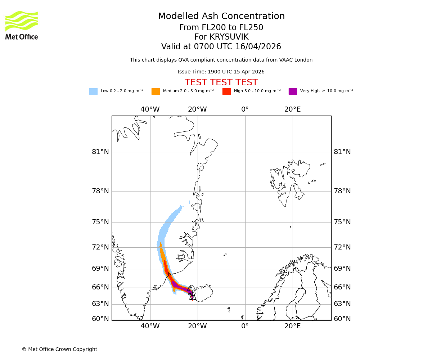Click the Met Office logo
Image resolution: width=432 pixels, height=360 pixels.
[x=22, y=25]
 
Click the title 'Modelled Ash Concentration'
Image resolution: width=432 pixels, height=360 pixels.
[x=221, y=16]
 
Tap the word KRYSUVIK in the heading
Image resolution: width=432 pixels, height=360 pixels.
[x=229, y=37]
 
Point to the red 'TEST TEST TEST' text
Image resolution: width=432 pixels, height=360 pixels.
[x=221, y=82]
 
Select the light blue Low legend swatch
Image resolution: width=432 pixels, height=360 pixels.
[x=93, y=91]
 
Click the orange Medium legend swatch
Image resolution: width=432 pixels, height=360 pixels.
[x=156, y=91]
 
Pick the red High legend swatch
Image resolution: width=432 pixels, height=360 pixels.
[x=226, y=91]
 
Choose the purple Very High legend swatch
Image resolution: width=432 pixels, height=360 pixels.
[x=293, y=91]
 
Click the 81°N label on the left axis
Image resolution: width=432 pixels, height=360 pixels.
[x=100, y=152]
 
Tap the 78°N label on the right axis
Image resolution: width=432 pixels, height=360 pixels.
[x=342, y=191]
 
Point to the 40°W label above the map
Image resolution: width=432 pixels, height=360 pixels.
[x=150, y=109]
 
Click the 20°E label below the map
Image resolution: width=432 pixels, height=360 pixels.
[x=292, y=326]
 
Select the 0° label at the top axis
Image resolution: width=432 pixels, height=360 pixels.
[x=245, y=109]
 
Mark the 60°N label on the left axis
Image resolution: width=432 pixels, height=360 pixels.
[x=100, y=319]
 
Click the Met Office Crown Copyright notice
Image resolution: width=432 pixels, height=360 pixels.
[x=59, y=349]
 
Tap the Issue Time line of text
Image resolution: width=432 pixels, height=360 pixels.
[x=221, y=72]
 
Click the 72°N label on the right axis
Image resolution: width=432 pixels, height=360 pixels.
[x=342, y=247]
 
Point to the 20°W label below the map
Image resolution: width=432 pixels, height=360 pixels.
[x=197, y=326]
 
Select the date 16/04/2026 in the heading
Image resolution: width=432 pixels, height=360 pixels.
[x=258, y=47]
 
